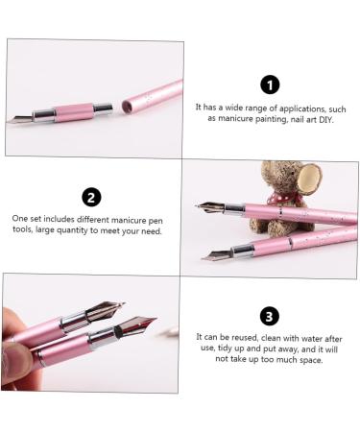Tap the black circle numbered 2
coord(91,198)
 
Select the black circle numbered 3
coord(271,316)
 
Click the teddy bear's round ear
coord(308,178)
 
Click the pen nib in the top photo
coord(21,119)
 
